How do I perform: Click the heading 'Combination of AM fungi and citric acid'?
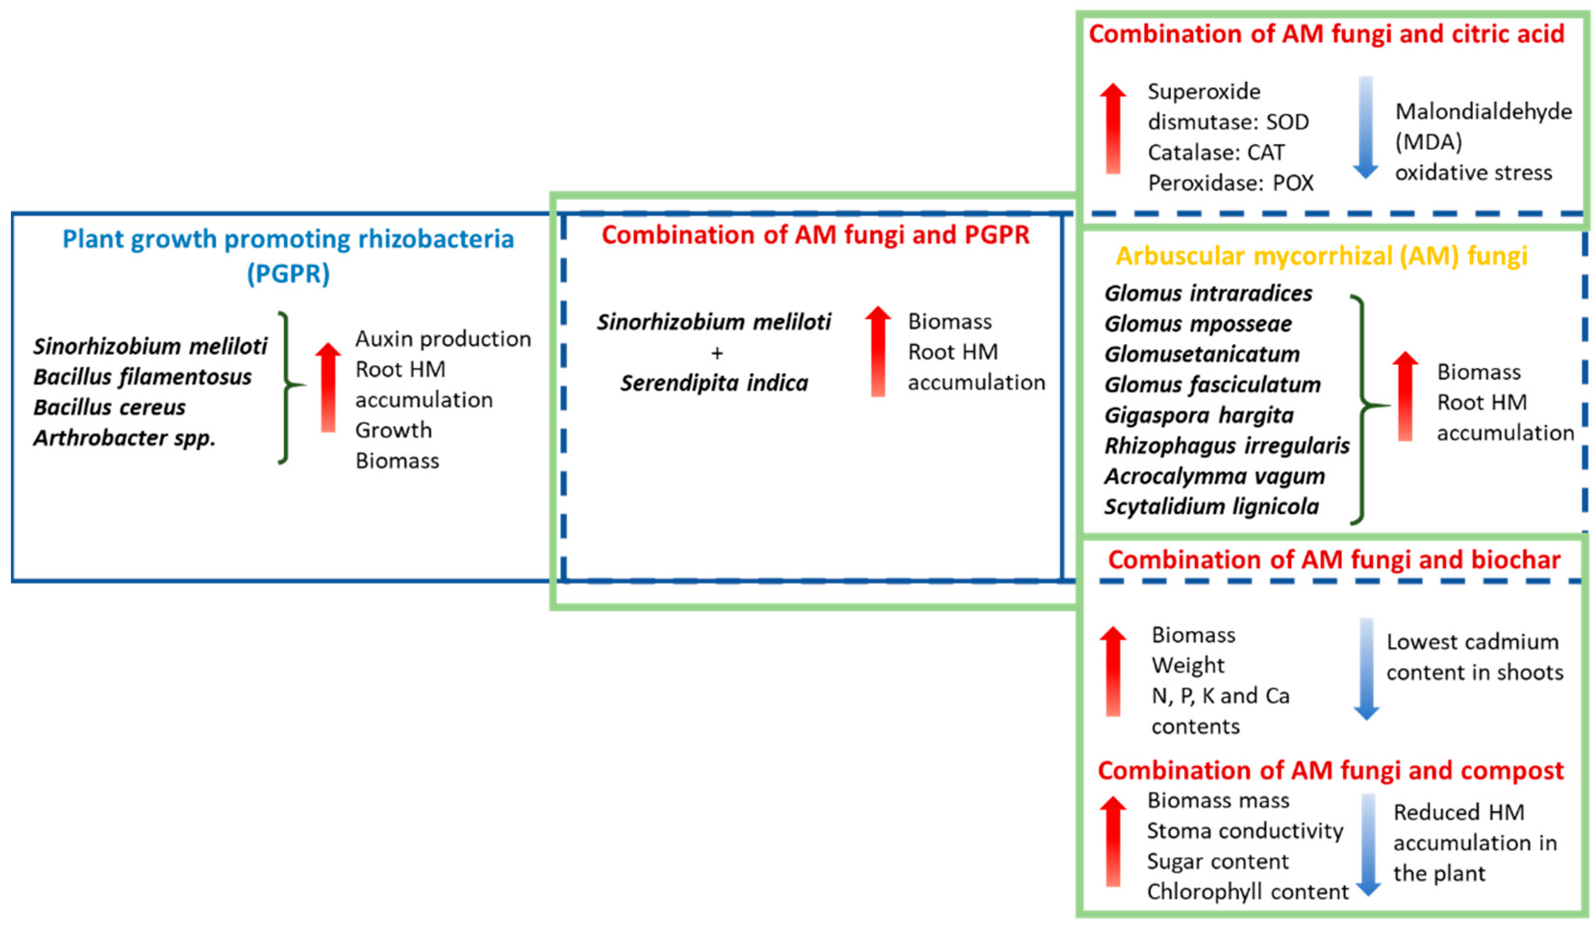[x=1326, y=34]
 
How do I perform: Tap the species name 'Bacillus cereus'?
[x=110, y=407]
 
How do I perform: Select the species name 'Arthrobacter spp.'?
[x=125, y=437]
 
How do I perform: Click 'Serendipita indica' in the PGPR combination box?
[x=714, y=383]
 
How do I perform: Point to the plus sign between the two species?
[x=716, y=353]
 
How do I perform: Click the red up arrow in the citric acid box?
[x=1113, y=128]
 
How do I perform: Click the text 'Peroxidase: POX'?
[x=1231, y=183]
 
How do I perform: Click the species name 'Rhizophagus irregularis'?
[x=1227, y=446]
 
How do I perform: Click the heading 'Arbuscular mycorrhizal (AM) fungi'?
[x=1321, y=256]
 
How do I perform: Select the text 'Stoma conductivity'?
[x=1245, y=830]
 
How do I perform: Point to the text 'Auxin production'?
[x=443, y=339]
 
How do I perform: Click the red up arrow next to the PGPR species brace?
[x=328, y=387]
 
